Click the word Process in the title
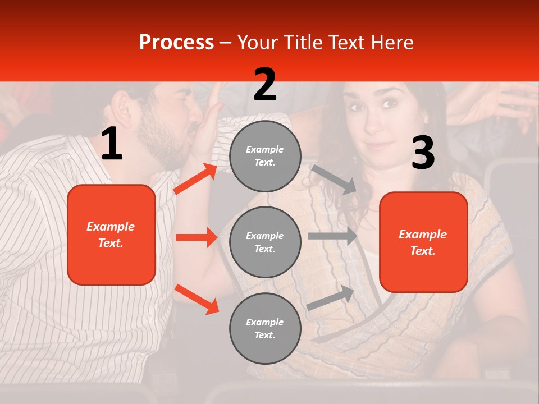tap(176, 43)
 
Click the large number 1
tap(112, 144)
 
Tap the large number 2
tap(265, 85)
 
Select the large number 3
tap(423, 154)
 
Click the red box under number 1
tap(111, 235)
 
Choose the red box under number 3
tap(423, 242)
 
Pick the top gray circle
tap(265, 156)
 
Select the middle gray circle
tap(265, 242)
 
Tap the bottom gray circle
tap(265, 328)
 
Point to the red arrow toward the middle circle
tap(197, 237)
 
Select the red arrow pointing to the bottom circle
tap(197, 299)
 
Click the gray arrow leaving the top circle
tap(334, 179)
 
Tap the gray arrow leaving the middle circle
tap(332, 236)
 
